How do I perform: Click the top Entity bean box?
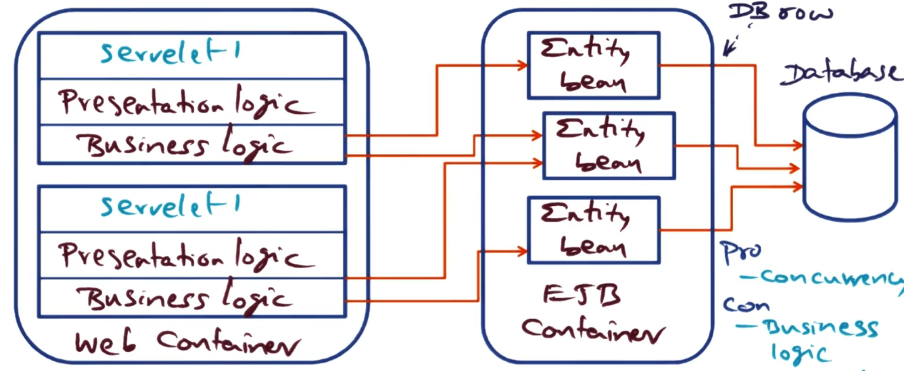[593, 66]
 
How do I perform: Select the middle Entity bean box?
[609, 146]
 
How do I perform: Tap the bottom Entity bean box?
[593, 230]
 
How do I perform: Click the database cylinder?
[850, 158]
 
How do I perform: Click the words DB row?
[779, 12]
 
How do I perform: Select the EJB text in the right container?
[581, 295]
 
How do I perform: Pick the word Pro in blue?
[741, 252]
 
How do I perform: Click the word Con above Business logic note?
[745, 305]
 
